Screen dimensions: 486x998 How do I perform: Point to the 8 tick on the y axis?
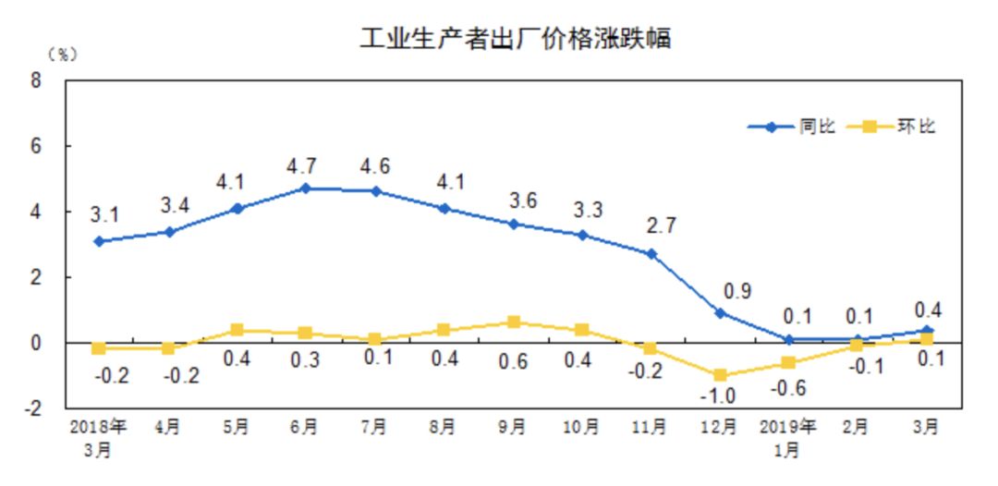[36, 80]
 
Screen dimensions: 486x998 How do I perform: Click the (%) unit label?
[64, 55]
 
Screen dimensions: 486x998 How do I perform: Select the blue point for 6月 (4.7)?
[305, 188]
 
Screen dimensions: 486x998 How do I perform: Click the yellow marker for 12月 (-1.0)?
[719, 375]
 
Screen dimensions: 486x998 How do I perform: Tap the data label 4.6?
[374, 167]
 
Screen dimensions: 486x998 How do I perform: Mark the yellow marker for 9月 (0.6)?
[513, 322]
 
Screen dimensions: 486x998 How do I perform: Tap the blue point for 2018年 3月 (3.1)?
[98, 241]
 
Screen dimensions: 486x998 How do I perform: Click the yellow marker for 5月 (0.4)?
[237, 330]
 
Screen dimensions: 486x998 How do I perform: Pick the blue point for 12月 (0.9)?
[719, 313]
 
